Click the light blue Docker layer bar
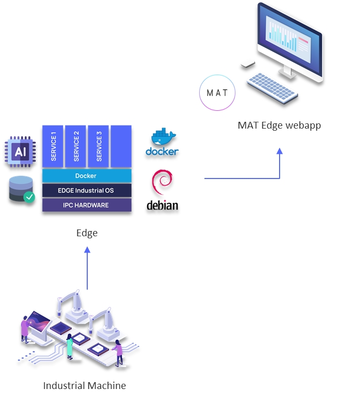click(87, 176)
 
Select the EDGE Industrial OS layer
click(87, 190)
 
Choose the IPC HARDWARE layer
click(87, 205)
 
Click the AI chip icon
click(20, 152)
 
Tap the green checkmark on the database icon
click(29, 197)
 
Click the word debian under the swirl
click(162, 205)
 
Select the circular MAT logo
click(217, 93)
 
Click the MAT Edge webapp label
click(279, 125)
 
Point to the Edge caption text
click(87, 233)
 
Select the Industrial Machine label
click(85, 385)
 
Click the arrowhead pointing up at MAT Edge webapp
click(280, 151)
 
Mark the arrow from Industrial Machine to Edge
click(87, 269)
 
